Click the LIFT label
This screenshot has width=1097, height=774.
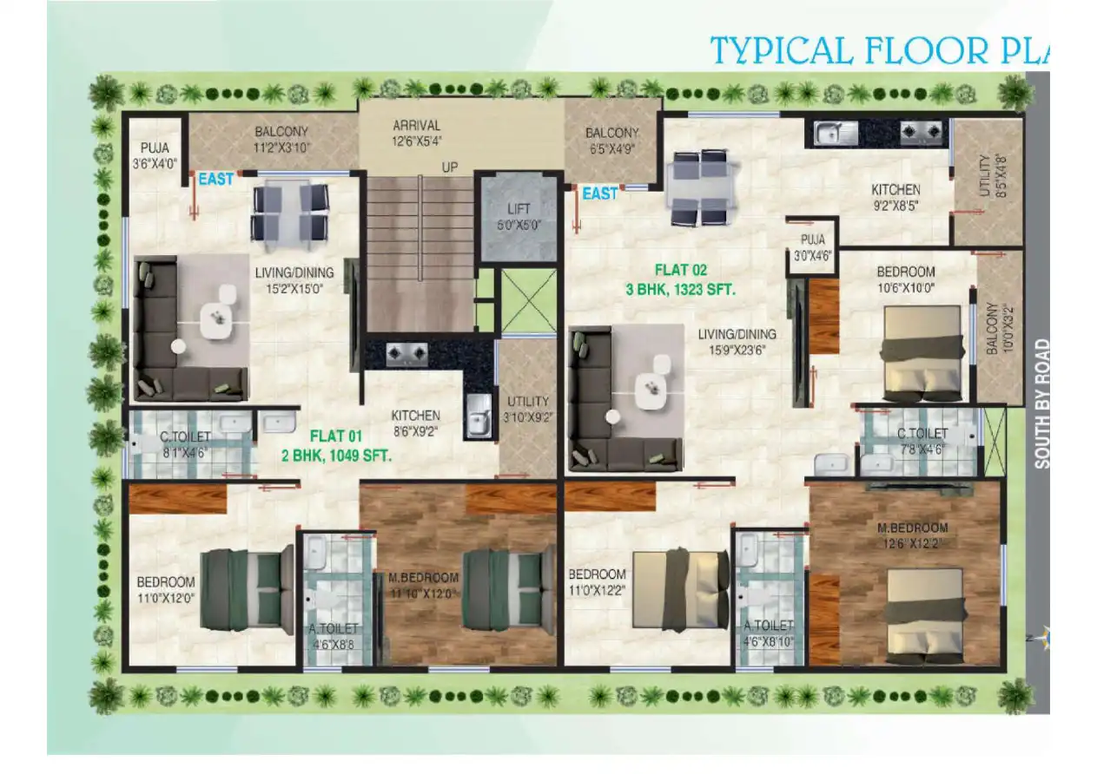(518, 209)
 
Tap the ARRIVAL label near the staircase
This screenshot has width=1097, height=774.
(416, 125)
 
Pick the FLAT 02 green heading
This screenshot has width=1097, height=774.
(682, 270)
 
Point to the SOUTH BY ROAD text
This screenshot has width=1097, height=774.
(1041, 403)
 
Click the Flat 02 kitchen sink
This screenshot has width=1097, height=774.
(836, 133)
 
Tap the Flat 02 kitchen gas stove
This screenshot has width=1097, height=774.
(921, 133)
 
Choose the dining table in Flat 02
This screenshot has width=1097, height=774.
(697, 187)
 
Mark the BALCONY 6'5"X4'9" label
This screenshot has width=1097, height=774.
(611, 140)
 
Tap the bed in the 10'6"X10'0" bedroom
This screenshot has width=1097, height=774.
(923, 352)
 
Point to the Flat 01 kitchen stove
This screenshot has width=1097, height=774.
(406, 353)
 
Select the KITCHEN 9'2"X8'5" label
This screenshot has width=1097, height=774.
(896, 197)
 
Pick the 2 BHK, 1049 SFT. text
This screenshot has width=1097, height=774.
(335, 454)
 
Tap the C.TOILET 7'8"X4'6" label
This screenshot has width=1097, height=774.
(922, 441)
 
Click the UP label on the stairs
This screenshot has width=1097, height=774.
(449, 167)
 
